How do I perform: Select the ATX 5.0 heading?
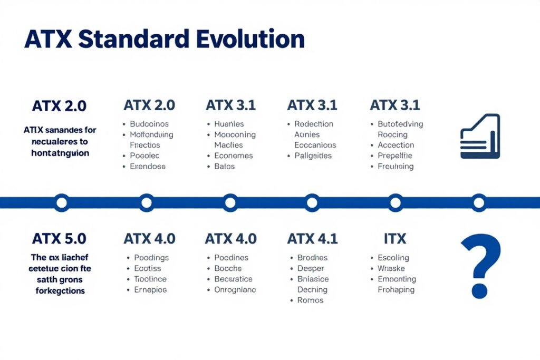pyautogui.click(x=59, y=239)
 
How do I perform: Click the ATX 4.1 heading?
pyautogui.click(x=312, y=239)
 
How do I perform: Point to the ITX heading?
pyautogui.click(x=395, y=239)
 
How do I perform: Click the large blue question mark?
pyautogui.click(x=480, y=266)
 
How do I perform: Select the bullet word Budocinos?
pyautogui.click(x=149, y=124)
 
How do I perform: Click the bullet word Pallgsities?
pyautogui.click(x=313, y=155)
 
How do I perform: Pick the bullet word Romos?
pyautogui.click(x=311, y=300)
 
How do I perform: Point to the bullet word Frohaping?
pyautogui.click(x=396, y=289)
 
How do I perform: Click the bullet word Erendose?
pyautogui.click(x=148, y=166)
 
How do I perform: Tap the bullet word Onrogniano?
pyautogui.click(x=235, y=289)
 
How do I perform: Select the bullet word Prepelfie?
pyautogui.click(x=395, y=155)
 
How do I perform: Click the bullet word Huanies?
pyautogui.click(x=229, y=124)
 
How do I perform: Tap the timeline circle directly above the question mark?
pyautogui.click(x=479, y=202)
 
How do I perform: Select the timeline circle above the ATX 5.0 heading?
pyautogui.click(x=62, y=202)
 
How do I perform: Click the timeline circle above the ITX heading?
pyautogui.click(x=396, y=202)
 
